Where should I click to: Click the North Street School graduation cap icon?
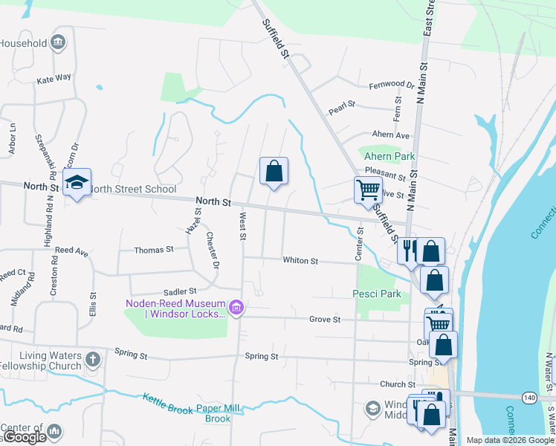(77, 182)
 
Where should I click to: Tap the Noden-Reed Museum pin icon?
(237, 307)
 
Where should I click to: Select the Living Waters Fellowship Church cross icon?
(92, 360)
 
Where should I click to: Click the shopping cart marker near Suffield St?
(368, 190)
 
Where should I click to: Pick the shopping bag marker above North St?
(274, 171)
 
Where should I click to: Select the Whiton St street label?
(300, 261)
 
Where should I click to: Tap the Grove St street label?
(325, 319)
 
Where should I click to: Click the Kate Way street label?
(54, 77)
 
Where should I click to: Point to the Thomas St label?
(153, 251)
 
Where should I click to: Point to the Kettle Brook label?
(168, 401)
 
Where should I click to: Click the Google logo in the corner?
(25, 437)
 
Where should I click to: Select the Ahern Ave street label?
(391, 135)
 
